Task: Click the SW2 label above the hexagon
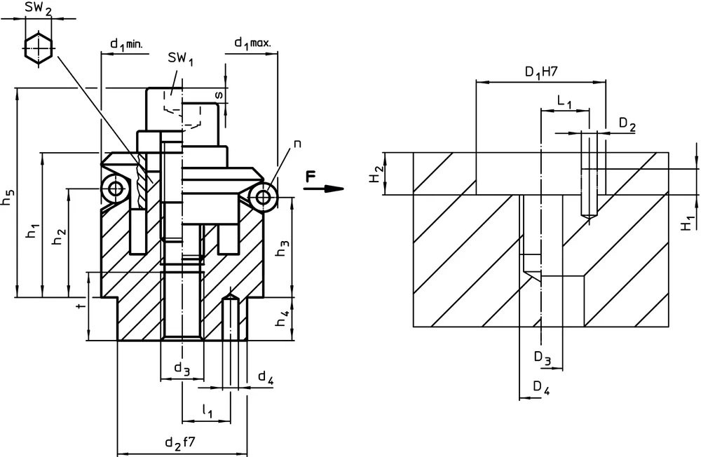click(x=39, y=9)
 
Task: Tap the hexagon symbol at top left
click(x=39, y=47)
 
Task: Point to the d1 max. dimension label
click(x=252, y=43)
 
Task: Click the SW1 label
click(x=181, y=60)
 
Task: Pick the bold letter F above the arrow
click(x=311, y=177)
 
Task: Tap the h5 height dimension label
click(x=9, y=198)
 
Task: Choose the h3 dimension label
click(x=283, y=249)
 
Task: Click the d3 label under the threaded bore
click(x=182, y=369)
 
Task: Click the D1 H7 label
click(x=540, y=71)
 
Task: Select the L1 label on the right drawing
click(x=564, y=102)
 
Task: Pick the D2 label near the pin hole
click(x=627, y=125)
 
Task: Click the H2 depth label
click(x=375, y=175)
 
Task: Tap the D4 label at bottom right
click(x=542, y=388)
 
